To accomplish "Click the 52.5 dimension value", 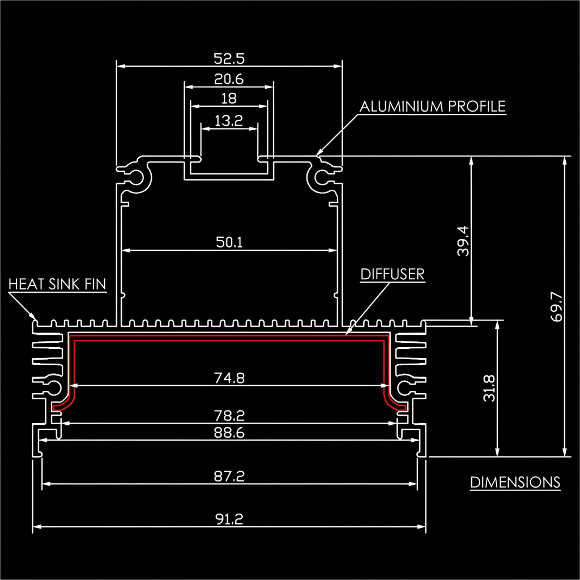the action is pyautogui.click(x=229, y=58).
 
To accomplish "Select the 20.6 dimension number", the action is pyautogui.click(x=229, y=79).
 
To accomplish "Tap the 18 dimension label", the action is pyautogui.click(x=229, y=99).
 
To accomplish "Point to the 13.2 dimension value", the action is pyautogui.click(x=229, y=121).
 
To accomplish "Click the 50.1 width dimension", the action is pyautogui.click(x=229, y=242).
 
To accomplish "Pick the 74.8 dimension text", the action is pyautogui.click(x=229, y=378).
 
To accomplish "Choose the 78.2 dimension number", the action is pyautogui.click(x=229, y=415).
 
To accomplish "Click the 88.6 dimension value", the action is pyautogui.click(x=229, y=432).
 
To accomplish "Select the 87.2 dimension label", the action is pyautogui.click(x=229, y=476).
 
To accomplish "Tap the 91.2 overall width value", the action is pyautogui.click(x=229, y=519).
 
